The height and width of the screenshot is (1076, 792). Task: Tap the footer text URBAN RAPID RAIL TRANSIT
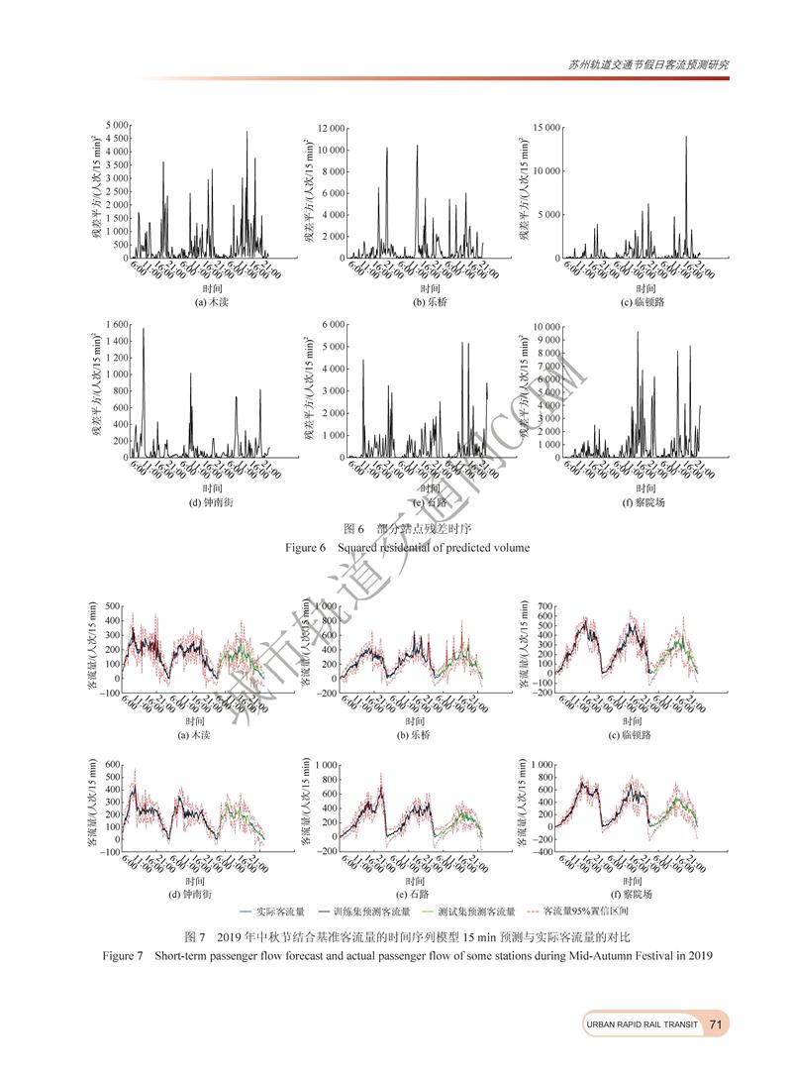coord(643,1024)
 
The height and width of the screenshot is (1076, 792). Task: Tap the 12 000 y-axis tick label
coord(331,129)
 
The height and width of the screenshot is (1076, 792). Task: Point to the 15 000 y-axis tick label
coord(547,129)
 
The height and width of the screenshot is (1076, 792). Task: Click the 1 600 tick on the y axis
coord(116,325)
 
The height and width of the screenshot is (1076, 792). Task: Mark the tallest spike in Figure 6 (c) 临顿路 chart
coord(686,138)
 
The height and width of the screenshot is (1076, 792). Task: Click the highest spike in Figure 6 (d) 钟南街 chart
coord(144,330)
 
